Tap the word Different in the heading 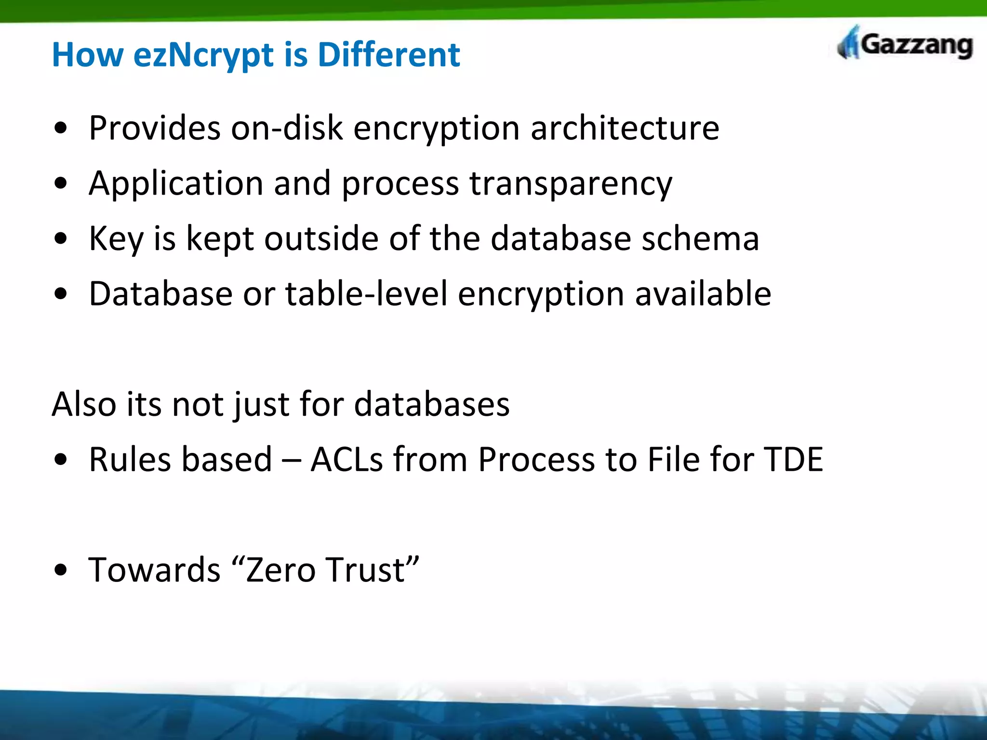point(388,54)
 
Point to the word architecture point(625,128)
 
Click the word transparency point(571,184)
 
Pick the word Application point(175,184)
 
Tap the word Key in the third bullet point(116,239)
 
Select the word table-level point(367,294)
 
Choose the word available point(703,294)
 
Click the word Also point(84,404)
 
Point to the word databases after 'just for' point(432,404)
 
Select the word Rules point(130,459)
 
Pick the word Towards point(154,570)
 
